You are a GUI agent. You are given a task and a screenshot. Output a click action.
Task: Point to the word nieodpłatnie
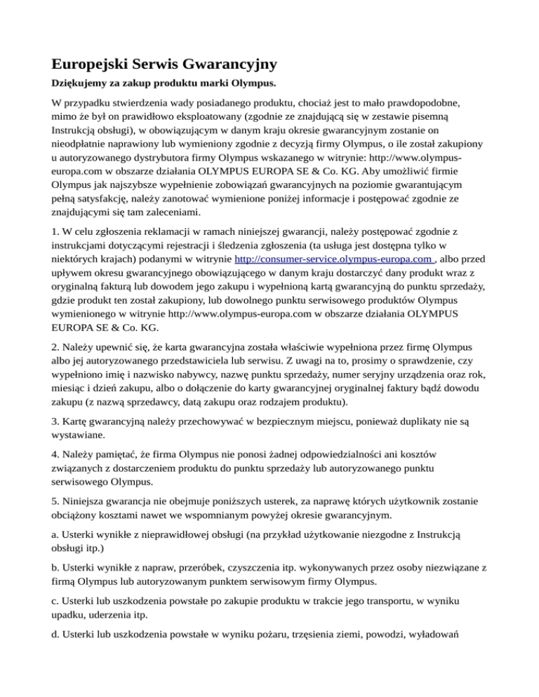click(86, 150)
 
